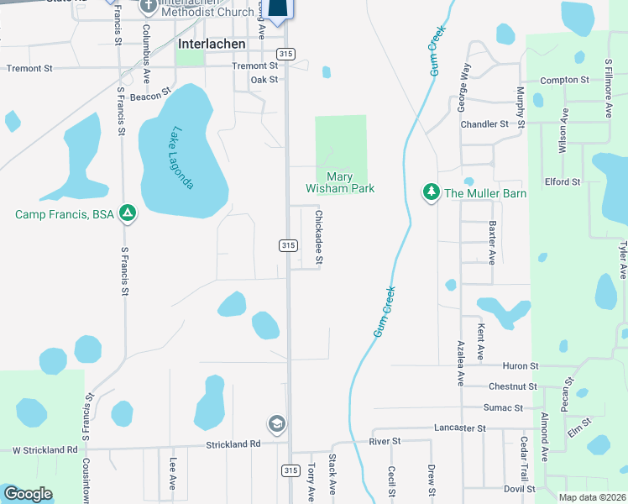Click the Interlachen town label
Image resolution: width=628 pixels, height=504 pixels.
pyautogui.click(x=212, y=44)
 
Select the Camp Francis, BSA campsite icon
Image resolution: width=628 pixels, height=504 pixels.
pyautogui.click(x=128, y=213)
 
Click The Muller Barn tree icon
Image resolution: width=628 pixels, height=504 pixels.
pyautogui.click(x=432, y=193)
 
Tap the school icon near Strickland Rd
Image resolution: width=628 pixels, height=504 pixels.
pyautogui.click(x=275, y=423)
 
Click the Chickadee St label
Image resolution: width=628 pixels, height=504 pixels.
pyautogui.click(x=319, y=238)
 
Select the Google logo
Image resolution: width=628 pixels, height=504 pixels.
pyautogui.click(x=27, y=494)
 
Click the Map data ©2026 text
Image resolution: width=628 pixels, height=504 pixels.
pyautogui.click(x=592, y=497)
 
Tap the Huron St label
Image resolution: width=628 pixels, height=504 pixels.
pyautogui.click(x=520, y=366)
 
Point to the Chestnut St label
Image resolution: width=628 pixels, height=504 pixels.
pyautogui.click(x=513, y=386)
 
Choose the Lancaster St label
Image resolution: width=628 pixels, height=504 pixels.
pyautogui.click(x=459, y=428)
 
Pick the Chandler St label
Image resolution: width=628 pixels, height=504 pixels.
pyautogui.click(x=484, y=123)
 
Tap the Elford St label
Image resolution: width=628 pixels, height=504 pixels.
pyautogui.click(x=562, y=181)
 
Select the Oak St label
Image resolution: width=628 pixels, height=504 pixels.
pyautogui.click(x=263, y=80)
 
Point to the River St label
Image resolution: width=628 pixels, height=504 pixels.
pyautogui.click(x=385, y=441)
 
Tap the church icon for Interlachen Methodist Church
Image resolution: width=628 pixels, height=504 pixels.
pyautogui.click(x=148, y=7)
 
